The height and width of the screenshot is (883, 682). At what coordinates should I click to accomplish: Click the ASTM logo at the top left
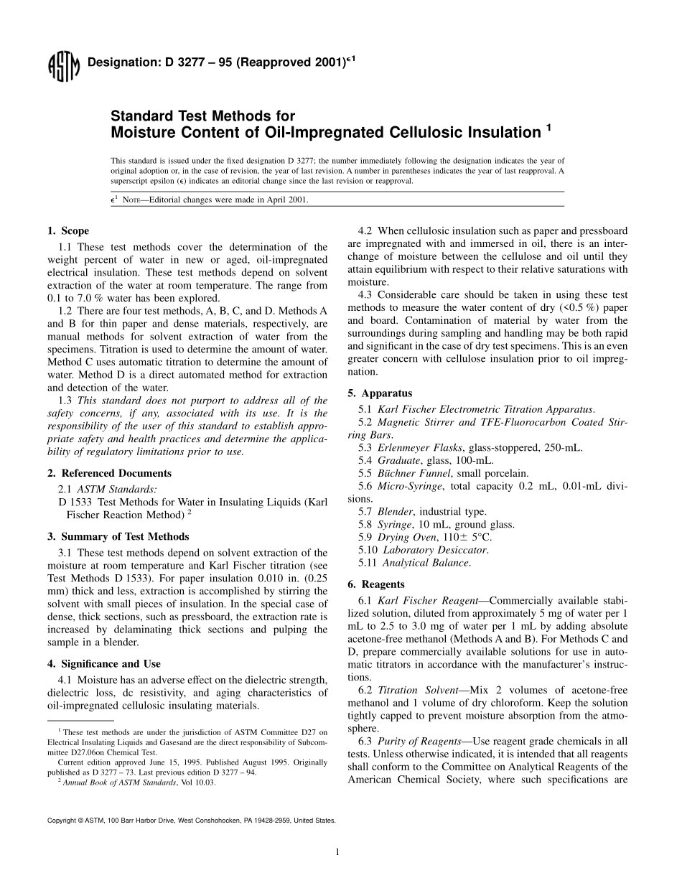(62, 68)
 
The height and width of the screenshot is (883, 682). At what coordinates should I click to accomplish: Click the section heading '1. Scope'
(68, 231)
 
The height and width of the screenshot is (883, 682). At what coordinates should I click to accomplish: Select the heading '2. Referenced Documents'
(109, 473)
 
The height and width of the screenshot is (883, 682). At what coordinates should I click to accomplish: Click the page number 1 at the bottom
(337, 852)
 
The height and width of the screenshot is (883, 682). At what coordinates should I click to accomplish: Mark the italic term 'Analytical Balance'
(426, 563)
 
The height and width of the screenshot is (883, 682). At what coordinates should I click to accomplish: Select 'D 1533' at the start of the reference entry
(75, 502)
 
